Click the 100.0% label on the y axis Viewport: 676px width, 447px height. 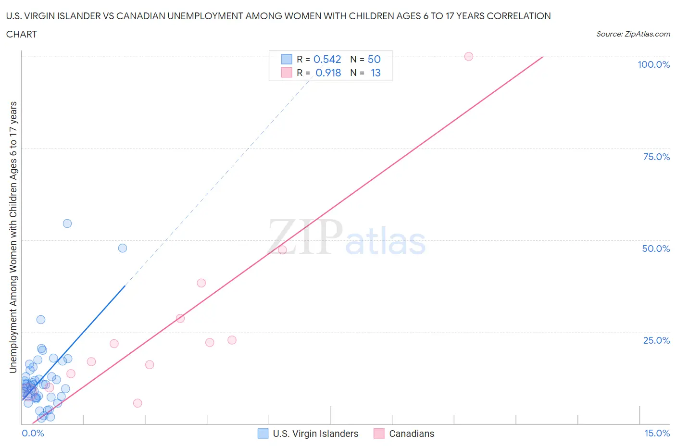[653, 64]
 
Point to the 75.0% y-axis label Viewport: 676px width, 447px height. [656, 157]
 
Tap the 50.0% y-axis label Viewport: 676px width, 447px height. [656, 248]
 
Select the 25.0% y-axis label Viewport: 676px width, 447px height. [656, 340]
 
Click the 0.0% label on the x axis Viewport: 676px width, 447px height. [33, 433]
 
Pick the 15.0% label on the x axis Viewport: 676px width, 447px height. [657, 433]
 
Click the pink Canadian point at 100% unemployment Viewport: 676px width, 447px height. [469, 56]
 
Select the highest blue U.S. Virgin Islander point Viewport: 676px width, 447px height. [67, 223]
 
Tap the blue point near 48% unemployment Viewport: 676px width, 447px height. [123, 248]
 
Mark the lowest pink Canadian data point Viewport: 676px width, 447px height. [138, 403]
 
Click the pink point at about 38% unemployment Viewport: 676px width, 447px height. [201, 283]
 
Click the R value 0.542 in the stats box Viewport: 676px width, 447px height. [327, 59]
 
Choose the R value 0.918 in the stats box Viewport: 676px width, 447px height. [328, 73]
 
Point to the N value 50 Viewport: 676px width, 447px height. [374, 59]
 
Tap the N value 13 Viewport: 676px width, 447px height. [376, 73]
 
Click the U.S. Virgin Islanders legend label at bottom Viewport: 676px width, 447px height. [315, 434]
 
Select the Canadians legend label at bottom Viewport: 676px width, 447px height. [412, 434]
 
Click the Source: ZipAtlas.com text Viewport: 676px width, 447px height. [633, 34]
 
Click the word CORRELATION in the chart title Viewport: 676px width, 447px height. [519, 16]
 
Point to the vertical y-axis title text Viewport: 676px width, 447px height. [13, 237]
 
